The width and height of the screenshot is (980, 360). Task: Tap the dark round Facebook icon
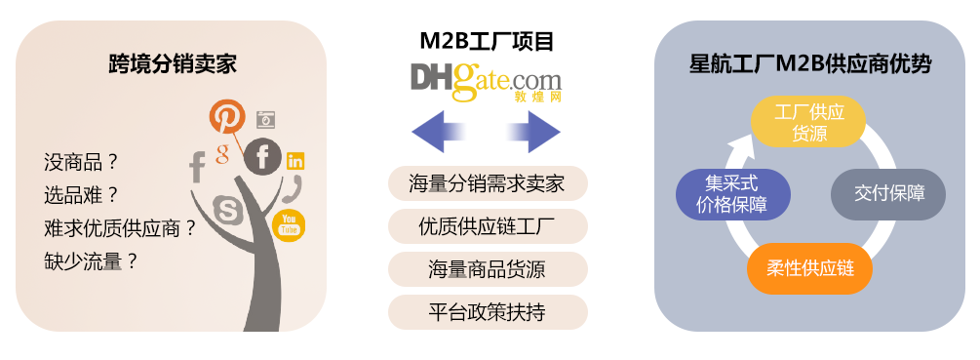pos(262,156)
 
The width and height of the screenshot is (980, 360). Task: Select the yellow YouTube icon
pos(289,225)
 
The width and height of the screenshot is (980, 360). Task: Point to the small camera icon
pos(265,120)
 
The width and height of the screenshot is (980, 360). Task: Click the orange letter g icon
pos(222,153)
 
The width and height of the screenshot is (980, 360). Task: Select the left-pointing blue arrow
pos(439,132)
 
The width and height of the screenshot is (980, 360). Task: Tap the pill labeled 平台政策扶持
pos(488,312)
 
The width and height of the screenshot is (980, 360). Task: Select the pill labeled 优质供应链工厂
pos(488,227)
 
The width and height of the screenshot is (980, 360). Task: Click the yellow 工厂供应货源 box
pos(808,122)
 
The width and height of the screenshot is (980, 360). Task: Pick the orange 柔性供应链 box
pos(808,267)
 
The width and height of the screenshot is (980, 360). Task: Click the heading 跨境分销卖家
pos(172,65)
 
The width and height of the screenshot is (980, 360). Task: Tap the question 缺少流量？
pos(91,260)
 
